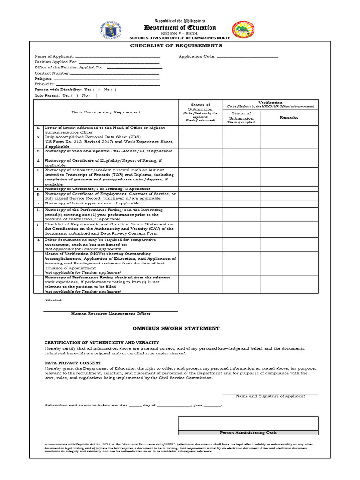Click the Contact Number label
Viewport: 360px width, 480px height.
pos(52,73)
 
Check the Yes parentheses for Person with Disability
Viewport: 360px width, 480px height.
pos(96,90)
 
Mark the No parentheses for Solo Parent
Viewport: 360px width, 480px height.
pos(94,96)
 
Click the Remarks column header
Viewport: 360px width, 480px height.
pos(289,117)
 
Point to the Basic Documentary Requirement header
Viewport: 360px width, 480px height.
pos(105,112)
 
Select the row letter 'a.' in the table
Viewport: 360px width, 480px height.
pos(38,127)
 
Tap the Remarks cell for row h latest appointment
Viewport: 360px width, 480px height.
pos(289,203)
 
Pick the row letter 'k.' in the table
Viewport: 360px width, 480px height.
pos(38,240)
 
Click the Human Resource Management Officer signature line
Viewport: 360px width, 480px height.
pos(111,310)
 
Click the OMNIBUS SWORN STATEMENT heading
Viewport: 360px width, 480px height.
pos(176,329)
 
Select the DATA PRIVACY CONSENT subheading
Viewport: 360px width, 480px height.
pos(73,363)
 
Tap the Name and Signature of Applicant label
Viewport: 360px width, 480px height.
pos(270,396)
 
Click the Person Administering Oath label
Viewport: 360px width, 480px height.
pos(248,433)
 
